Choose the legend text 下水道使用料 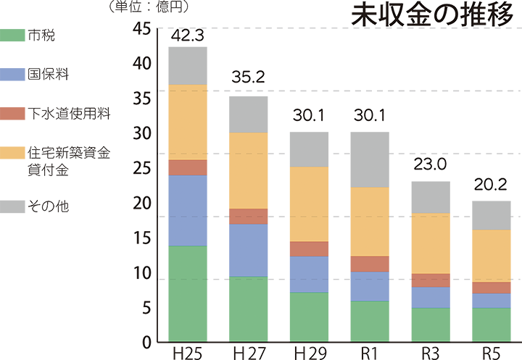[x=67, y=114]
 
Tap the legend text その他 [x=46, y=205]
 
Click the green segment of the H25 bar [x=191, y=293]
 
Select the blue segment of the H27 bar [x=248, y=250]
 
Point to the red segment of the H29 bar [x=309, y=248]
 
